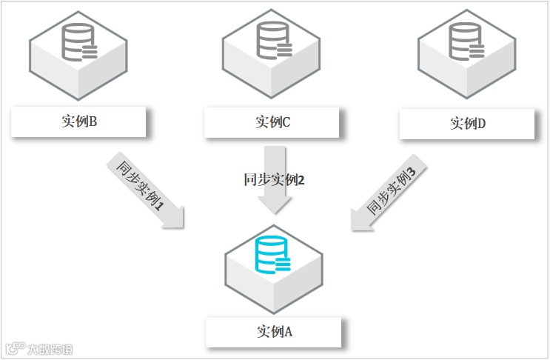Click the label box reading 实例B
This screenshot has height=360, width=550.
point(79,121)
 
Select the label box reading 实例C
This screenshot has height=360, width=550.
point(272,122)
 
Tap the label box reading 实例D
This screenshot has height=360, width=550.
point(466,124)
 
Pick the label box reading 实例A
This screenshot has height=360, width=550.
point(273,332)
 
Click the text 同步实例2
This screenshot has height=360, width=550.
point(274,180)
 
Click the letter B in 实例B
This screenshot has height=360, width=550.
point(93,121)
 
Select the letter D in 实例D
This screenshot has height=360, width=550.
point(481,124)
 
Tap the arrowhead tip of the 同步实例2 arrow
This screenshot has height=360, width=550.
point(275,213)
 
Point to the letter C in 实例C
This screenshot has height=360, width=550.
point(286,122)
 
